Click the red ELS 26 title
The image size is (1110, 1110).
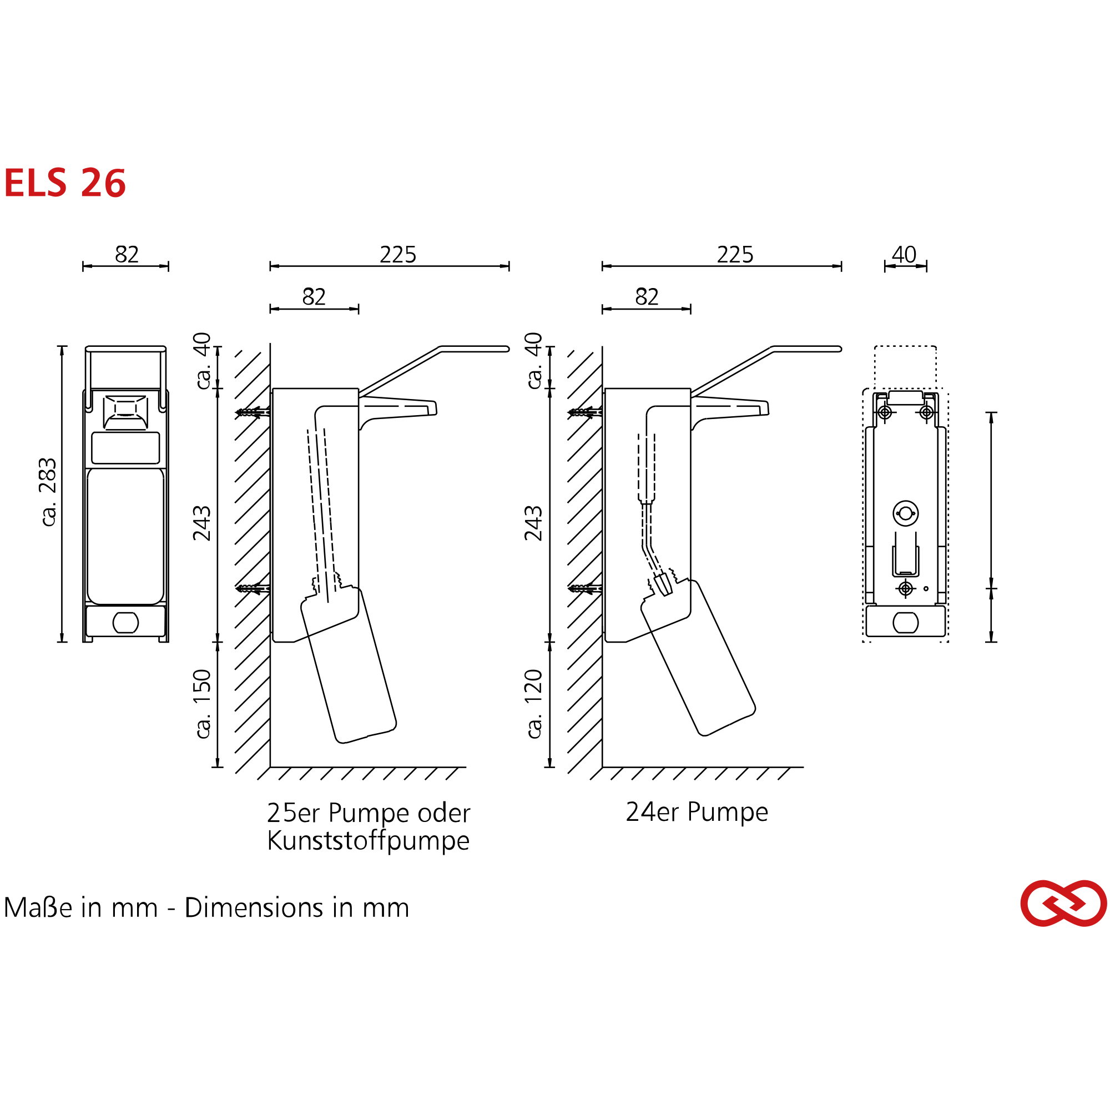coord(64,183)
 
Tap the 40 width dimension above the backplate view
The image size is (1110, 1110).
coord(904,254)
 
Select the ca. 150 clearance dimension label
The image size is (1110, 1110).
coord(203,704)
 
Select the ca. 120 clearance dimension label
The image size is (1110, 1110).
coord(534,704)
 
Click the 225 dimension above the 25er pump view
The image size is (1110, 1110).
coord(397,255)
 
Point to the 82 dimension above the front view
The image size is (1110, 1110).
coord(127,255)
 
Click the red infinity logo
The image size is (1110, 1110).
coord(1063,903)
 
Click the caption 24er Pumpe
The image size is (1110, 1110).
coord(697,812)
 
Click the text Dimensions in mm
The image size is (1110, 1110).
coord(296,908)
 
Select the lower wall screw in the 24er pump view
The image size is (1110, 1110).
coord(585,588)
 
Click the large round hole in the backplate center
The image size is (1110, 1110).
coord(905,513)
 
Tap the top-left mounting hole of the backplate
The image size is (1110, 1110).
coord(885,412)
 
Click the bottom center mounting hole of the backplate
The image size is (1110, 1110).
coord(905,588)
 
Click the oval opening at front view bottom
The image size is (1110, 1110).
coord(125,622)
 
